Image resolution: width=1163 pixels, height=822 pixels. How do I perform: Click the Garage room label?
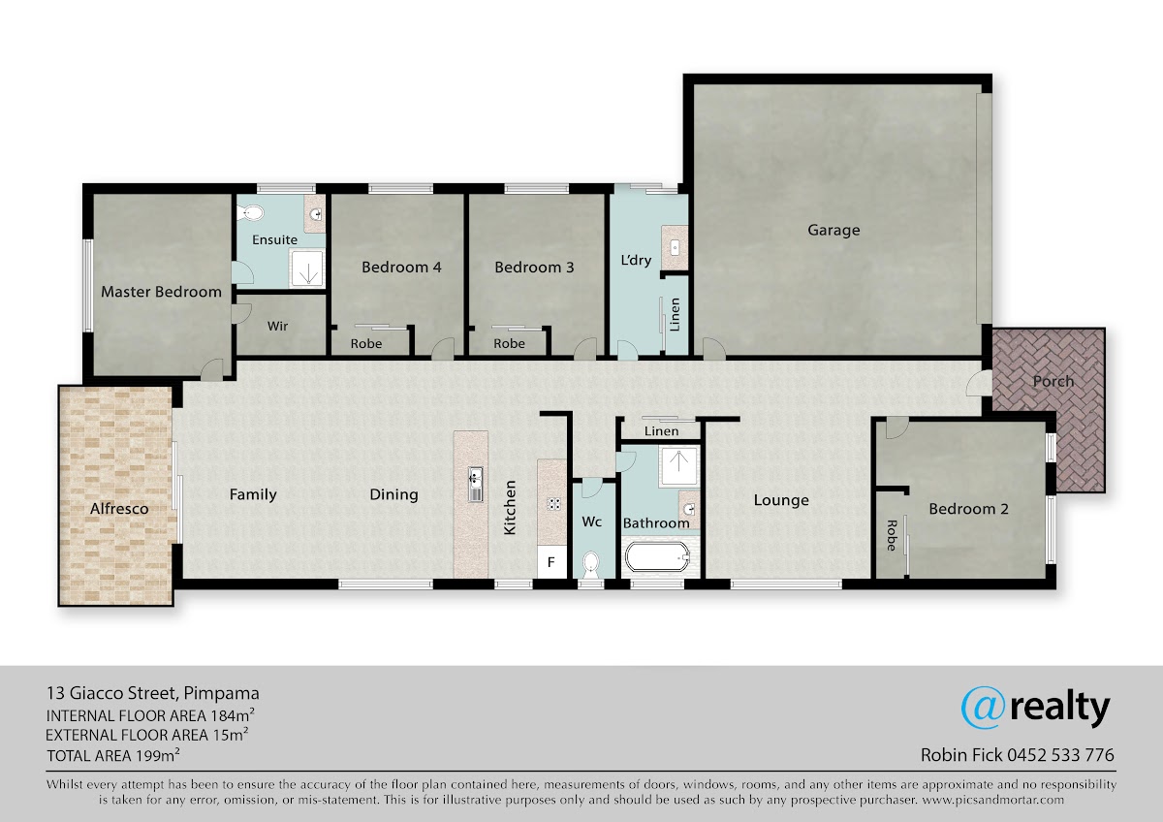click(833, 230)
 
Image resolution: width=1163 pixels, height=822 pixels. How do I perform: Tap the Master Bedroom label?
click(161, 292)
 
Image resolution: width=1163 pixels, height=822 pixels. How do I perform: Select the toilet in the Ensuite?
click(251, 212)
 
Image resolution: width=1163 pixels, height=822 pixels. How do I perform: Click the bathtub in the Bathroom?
click(657, 557)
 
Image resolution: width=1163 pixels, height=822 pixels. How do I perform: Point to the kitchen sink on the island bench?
click(475, 484)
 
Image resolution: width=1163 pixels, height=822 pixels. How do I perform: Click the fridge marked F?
click(551, 561)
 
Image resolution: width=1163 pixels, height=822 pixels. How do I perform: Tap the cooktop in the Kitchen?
click(554, 504)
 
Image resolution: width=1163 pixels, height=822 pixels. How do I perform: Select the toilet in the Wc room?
click(591, 564)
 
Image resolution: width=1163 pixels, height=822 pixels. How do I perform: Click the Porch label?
click(1053, 381)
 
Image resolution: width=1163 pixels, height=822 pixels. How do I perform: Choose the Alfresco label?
click(119, 508)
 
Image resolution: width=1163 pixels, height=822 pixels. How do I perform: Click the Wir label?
click(277, 326)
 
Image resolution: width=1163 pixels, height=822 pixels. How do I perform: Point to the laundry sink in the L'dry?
click(675, 248)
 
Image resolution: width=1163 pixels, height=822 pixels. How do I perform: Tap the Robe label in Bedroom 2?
click(892, 535)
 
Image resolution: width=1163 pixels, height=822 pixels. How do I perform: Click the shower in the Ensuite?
click(307, 268)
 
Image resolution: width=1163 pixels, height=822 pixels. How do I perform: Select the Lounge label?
click(781, 500)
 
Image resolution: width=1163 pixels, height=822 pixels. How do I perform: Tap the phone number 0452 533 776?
click(1060, 754)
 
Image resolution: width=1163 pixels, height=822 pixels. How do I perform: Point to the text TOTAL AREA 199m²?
click(113, 755)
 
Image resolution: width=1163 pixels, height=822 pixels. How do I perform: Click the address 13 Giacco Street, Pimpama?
click(153, 693)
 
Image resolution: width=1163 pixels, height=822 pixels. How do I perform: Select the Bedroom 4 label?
click(401, 267)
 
